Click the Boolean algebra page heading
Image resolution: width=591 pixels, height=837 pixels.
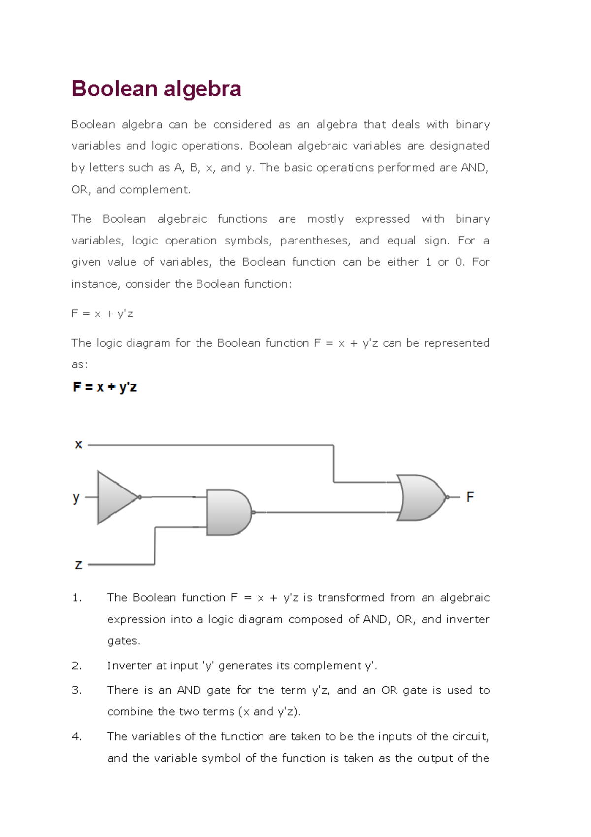pos(156,89)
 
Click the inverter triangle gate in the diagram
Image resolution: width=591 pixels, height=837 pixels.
pos(116,497)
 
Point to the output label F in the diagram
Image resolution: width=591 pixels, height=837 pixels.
pos(470,497)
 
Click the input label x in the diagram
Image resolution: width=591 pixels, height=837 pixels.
pos(78,445)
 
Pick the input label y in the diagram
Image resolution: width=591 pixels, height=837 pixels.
pos(76,498)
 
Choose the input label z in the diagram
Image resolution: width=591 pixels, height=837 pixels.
pos(78,565)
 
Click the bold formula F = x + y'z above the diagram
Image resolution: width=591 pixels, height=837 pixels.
pos(105,387)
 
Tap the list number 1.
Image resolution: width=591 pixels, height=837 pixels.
pos(76,598)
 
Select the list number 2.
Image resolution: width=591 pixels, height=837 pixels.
pos(76,666)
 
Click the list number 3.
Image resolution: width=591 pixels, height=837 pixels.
pos(76,690)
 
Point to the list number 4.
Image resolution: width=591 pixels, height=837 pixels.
pos(76,737)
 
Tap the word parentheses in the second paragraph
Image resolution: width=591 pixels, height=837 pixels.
pos(315,241)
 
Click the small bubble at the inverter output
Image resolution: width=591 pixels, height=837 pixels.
pos(140,497)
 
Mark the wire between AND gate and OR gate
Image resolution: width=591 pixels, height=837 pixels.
pos(325,513)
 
